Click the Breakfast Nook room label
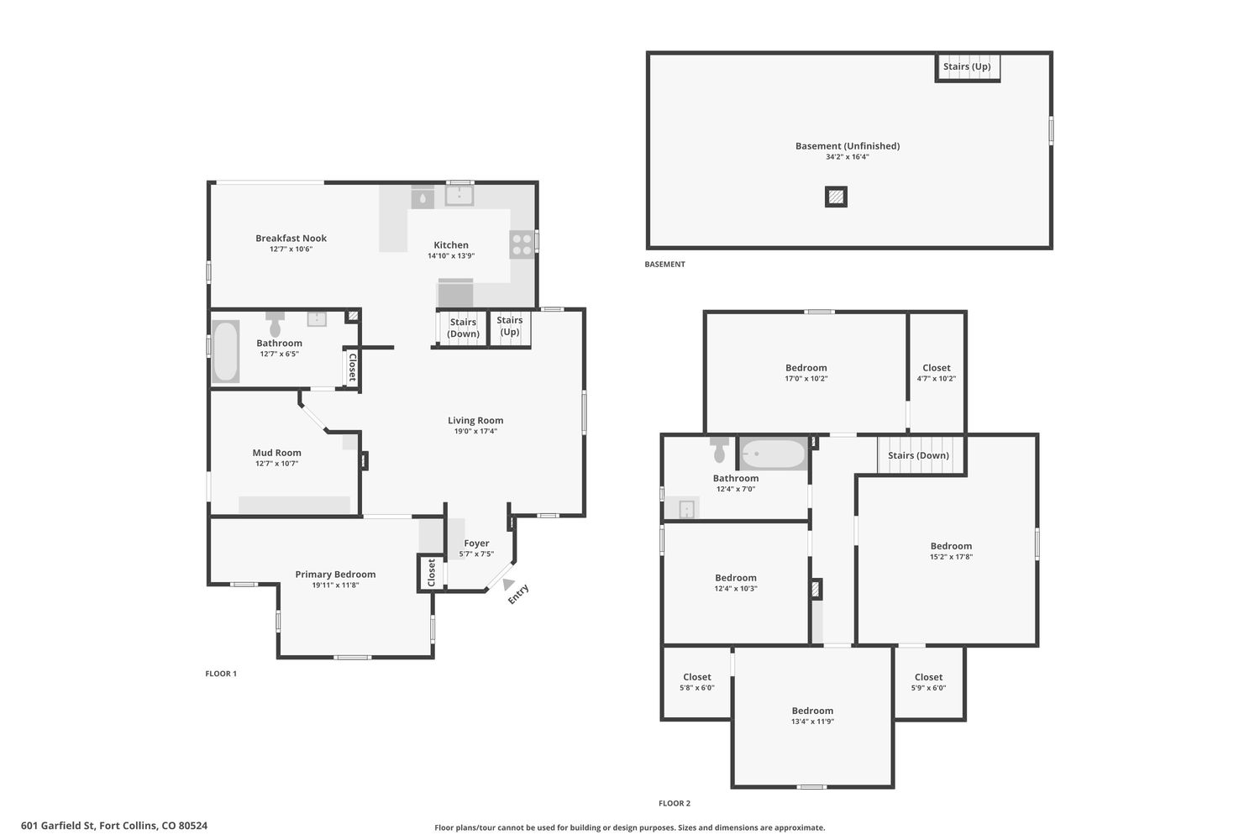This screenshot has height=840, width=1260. tap(291, 238)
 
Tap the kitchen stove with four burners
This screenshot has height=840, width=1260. tap(522, 244)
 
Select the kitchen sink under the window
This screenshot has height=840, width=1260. tap(459, 195)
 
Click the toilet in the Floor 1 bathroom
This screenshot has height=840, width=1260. tap(275, 323)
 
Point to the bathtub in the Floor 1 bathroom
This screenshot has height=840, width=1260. tap(226, 351)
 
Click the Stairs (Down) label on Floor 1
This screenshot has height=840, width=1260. tap(463, 328)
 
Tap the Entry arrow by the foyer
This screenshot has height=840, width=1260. tap(508, 584)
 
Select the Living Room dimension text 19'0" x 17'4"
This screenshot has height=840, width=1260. tap(475, 432)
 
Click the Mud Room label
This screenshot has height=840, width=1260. tap(276, 453)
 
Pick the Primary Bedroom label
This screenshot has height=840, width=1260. tap(335, 574)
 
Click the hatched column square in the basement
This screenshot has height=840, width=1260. tap(836, 197)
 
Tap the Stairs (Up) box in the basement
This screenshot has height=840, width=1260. tap(968, 67)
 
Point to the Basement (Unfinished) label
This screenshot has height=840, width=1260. tap(847, 145)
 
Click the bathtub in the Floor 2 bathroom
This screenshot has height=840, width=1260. tap(774, 454)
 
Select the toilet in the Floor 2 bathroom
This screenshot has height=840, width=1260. tap(719, 449)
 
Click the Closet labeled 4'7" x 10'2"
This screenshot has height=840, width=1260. tap(936, 372)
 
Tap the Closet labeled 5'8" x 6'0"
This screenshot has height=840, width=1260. tap(697, 682)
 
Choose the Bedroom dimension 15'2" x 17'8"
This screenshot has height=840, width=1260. tap(951, 557)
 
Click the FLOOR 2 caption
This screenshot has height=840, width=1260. tap(675, 803)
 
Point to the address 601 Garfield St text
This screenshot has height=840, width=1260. tap(58, 826)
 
